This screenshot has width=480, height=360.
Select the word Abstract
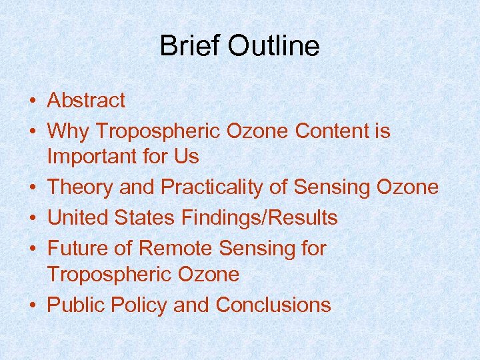pos(86,101)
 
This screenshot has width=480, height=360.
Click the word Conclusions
pos(273,305)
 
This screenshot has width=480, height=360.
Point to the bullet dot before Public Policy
pos(32,305)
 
